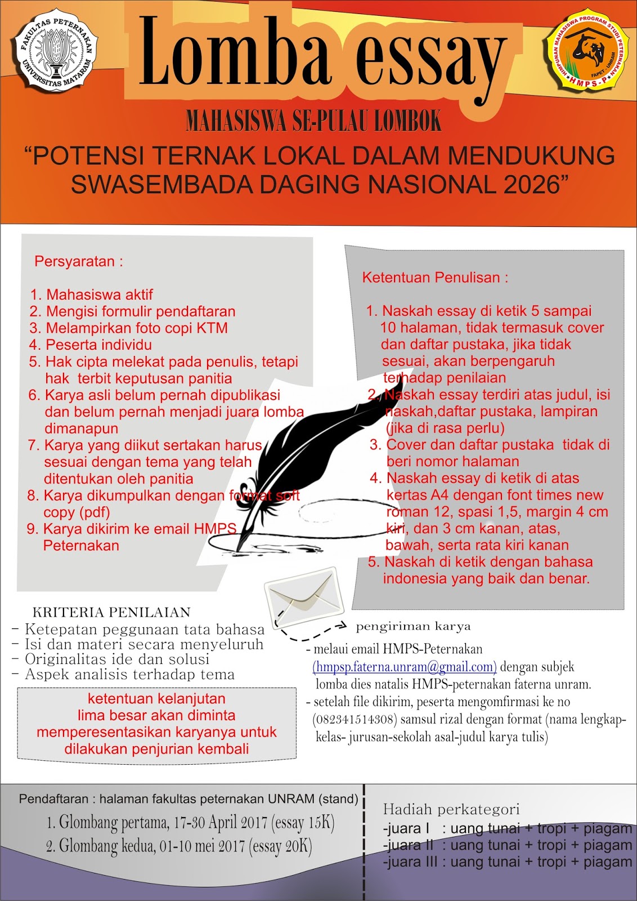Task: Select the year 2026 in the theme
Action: click(532, 184)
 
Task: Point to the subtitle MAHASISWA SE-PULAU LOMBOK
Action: click(313, 121)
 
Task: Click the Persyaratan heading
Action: click(78, 261)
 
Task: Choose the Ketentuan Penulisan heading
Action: click(435, 278)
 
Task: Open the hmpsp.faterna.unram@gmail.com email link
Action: click(405, 667)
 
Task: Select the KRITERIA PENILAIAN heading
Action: click(111, 613)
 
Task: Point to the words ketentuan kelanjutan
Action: click(156, 699)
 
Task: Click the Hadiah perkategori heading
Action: click(451, 810)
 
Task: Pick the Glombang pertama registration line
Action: click(191, 823)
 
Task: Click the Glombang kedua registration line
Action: click(179, 846)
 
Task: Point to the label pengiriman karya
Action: click(413, 627)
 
